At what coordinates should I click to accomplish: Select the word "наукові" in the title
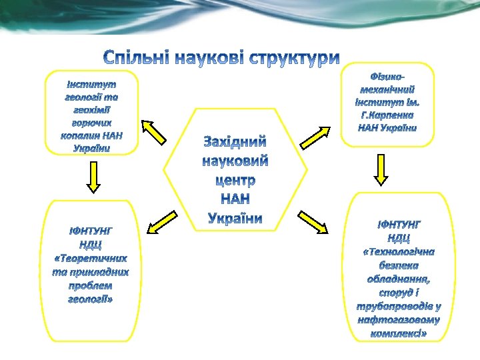208,58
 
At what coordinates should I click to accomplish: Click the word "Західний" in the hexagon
235,142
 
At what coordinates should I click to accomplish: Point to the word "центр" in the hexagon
235,180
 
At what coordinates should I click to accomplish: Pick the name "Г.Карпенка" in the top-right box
387,115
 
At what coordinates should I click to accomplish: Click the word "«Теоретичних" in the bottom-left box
91,258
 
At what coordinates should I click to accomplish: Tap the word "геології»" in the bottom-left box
91,299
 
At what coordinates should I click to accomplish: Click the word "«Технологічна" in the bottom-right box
399,251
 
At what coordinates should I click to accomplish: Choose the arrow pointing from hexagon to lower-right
314,221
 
